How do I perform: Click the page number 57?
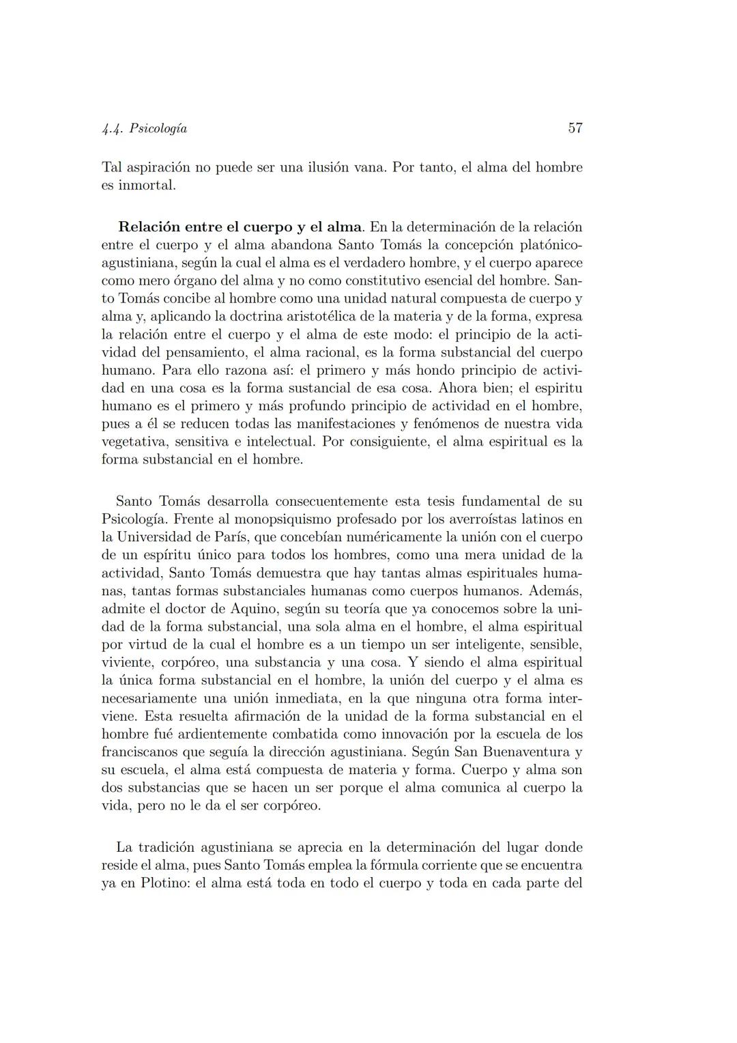575,128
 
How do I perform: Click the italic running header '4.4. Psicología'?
144,128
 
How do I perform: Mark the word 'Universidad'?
159,537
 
